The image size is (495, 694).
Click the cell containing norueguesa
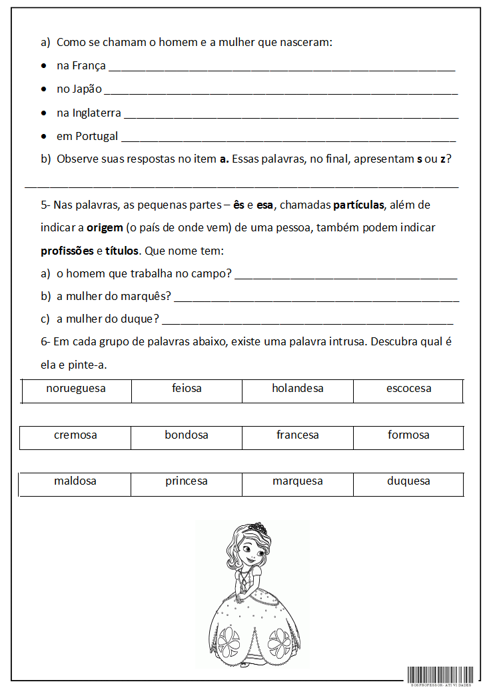76,389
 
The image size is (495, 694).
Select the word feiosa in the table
187,389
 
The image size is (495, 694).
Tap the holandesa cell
298,389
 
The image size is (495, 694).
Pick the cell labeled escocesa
408,389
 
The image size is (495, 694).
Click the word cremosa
75,435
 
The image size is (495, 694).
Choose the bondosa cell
187,435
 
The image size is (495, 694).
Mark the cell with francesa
298,435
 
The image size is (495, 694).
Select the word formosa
408,435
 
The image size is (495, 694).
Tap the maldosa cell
75,481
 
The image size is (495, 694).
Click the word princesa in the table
187,481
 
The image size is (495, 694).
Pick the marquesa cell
298,481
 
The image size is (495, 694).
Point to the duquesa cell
408,481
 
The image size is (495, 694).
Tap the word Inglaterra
97,113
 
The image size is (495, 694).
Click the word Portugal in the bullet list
97,136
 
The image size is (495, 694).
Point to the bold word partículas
358,205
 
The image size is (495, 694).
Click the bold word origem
105,228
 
